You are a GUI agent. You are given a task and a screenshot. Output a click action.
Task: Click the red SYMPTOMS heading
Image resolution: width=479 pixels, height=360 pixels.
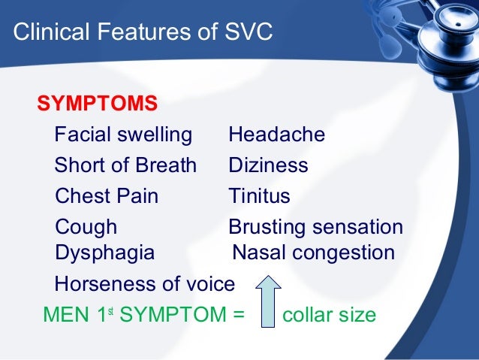[x=97, y=102]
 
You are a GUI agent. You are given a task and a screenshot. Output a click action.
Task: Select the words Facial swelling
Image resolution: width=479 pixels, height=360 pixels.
[x=123, y=135]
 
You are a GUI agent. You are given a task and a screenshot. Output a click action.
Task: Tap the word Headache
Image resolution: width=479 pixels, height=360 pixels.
[x=276, y=135]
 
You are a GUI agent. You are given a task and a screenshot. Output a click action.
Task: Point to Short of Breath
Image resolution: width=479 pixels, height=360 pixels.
[x=125, y=165]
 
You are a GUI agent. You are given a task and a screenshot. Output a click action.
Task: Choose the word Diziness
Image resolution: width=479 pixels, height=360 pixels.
[x=268, y=165]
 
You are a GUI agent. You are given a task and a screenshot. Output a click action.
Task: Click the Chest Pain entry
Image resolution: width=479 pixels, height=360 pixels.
[x=107, y=196]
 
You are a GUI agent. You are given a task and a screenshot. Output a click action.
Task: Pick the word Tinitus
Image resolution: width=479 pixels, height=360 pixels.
[x=259, y=196]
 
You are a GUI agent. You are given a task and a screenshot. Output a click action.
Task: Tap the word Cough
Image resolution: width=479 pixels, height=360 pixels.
[x=86, y=227]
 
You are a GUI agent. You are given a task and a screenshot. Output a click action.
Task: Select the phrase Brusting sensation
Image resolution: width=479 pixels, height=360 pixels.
[x=315, y=227]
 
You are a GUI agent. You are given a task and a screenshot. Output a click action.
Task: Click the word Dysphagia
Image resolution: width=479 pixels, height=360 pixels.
[x=104, y=253]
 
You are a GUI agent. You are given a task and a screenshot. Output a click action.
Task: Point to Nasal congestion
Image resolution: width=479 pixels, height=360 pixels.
[x=314, y=253]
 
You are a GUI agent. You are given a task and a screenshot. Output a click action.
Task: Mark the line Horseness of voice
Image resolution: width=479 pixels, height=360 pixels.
[x=145, y=284]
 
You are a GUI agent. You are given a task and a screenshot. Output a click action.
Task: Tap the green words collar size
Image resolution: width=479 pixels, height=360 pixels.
[x=328, y=314]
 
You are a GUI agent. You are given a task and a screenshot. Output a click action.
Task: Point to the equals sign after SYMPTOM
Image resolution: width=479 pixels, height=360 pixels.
[x=239, y=315]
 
